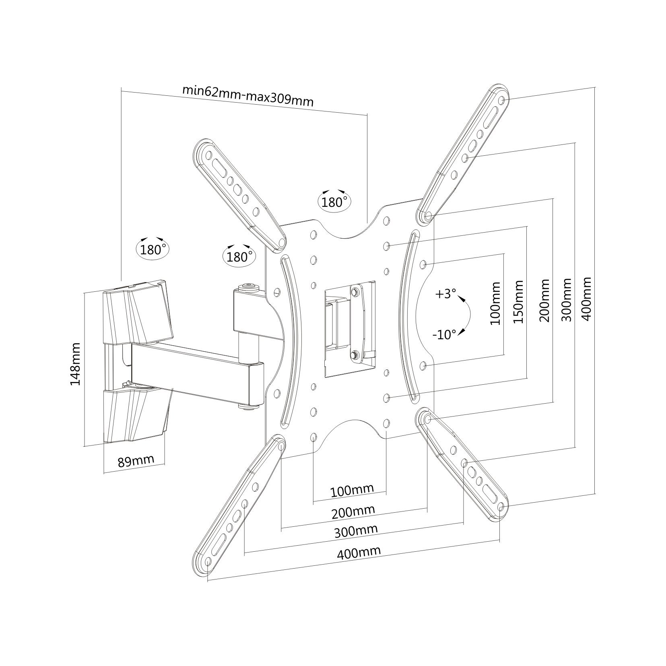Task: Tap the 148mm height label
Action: [x=76, y=364]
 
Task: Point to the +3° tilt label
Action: [x=445, y=294]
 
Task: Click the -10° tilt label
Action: [x=445, y=334]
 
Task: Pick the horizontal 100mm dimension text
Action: [x=352, y=490]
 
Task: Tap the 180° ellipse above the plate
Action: [x=334, y=202]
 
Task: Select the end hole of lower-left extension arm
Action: [x=208, y=561]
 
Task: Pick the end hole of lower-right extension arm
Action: [x=501, y=505]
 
